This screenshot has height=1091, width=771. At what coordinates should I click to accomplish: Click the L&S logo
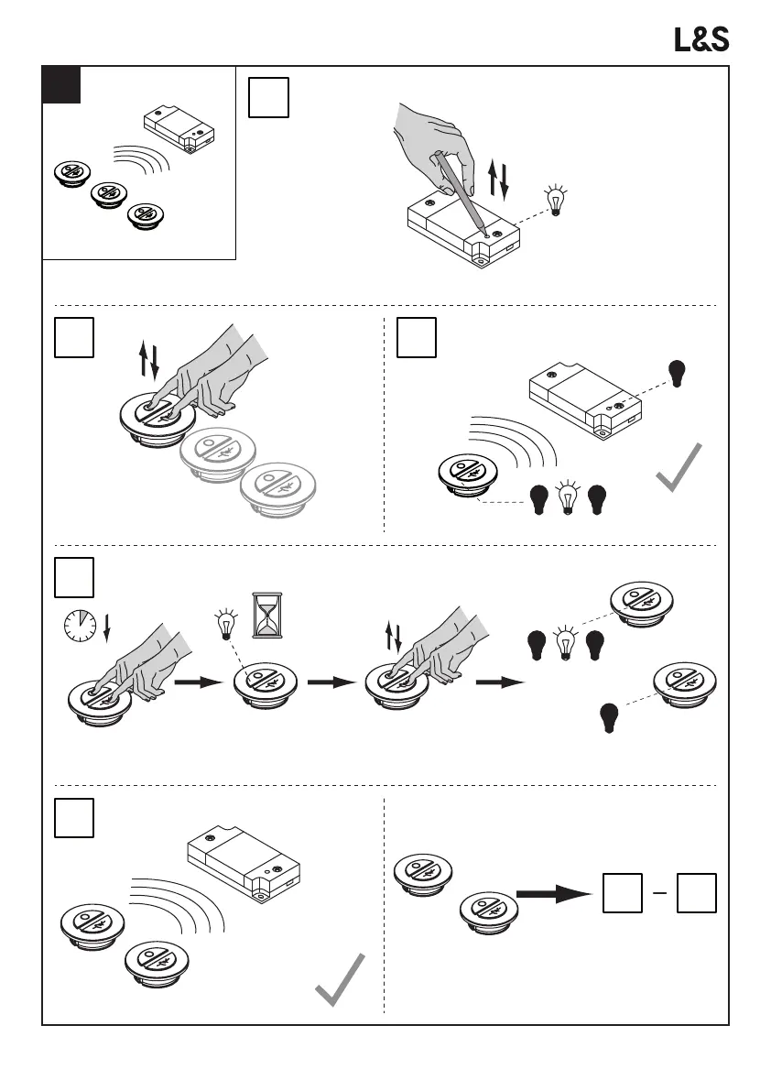coord(701,39)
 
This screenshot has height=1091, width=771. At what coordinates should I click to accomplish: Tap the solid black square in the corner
coord(61,84)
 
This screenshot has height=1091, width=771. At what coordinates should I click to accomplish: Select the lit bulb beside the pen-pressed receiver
coord(555,201)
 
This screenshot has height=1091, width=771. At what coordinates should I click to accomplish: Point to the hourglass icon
coord(268,615)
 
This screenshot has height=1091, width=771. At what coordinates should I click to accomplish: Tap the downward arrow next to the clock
coord(107,628)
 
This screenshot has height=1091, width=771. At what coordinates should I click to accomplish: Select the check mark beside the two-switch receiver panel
coord(340,981)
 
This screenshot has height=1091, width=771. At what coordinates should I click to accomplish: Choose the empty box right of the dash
coord(696,893)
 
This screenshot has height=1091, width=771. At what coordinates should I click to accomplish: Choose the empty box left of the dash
coord(622,893)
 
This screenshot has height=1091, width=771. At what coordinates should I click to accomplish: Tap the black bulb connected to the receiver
coord(679,372)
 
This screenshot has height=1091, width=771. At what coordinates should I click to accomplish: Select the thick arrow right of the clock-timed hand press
coord(199,682)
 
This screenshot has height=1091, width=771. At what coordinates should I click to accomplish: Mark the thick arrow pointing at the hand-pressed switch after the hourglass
coord(331,682)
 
